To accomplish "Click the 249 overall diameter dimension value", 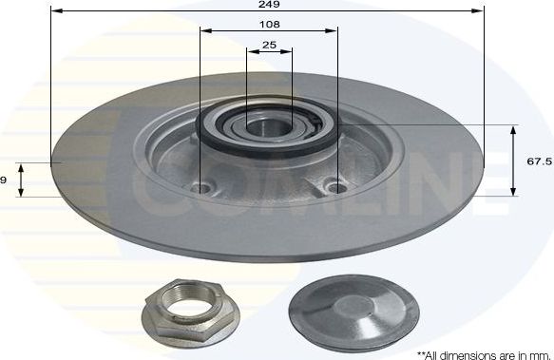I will tap(267, 5).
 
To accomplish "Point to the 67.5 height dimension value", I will tap(539, 161).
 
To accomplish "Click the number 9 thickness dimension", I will tap(5, 180).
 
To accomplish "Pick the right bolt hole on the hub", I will tap(334, 185).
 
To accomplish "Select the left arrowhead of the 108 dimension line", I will tap(204, 30).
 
